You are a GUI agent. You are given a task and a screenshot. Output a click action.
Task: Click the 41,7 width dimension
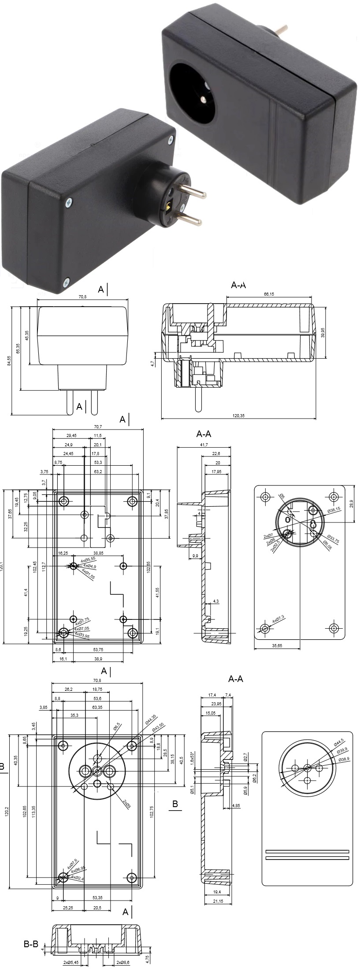click(x=204, y=445)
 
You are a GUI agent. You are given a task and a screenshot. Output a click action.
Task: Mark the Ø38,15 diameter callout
click(x=334, y=511)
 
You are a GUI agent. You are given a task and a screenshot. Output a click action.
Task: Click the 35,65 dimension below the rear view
click(x=277, y=645)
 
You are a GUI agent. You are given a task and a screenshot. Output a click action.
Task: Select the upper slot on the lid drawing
click(x=307, y=851)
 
